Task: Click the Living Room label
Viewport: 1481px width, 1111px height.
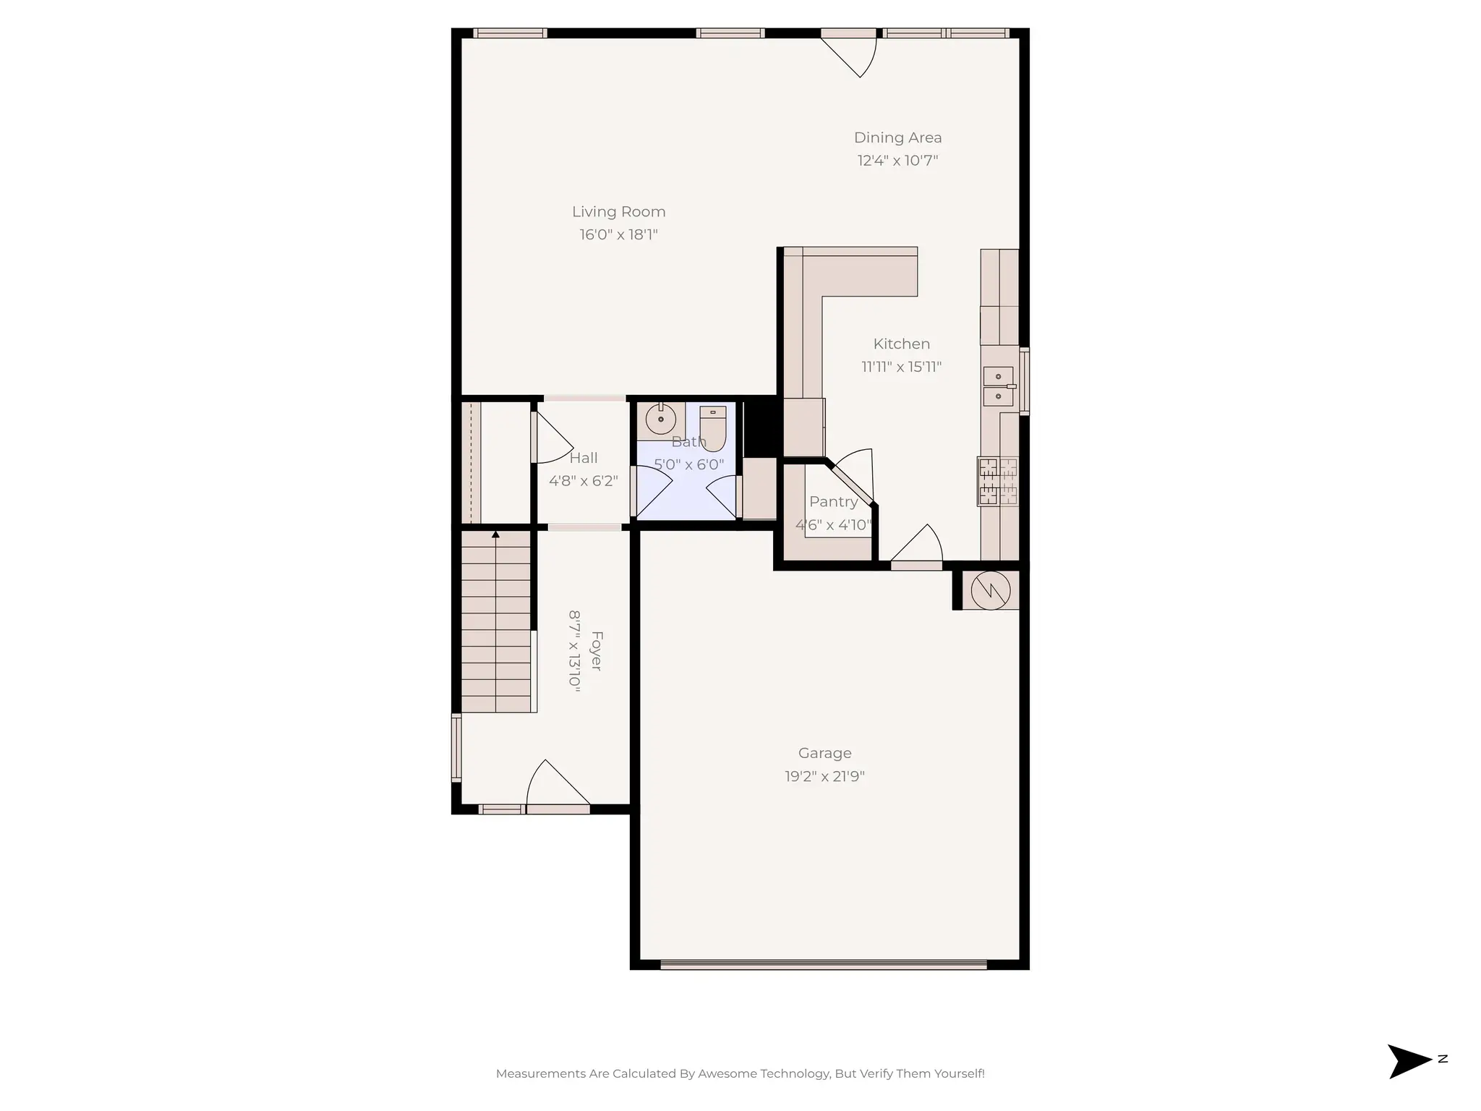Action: tap(618, 212)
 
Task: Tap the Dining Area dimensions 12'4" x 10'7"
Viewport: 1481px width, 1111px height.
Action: tap(897, 161)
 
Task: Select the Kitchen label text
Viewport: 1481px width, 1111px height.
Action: tap(901, 344)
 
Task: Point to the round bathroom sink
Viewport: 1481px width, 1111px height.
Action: tap(660, 419)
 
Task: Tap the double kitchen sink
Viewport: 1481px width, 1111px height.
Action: tap(998, 386)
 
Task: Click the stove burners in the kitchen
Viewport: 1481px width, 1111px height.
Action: tap(997, 482)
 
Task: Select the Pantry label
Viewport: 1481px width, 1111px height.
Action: tap(833, 502)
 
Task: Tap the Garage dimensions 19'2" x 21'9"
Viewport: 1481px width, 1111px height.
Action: tap(824, 777)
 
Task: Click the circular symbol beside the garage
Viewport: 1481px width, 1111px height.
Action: tap(990, 589)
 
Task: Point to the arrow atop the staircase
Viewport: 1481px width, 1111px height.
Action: tap(495, 535)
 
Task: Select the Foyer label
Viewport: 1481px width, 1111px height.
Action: tap(596, 651)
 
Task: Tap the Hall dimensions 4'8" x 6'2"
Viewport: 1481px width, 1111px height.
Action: tap(583, 481)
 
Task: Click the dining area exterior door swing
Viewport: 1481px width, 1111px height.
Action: tap(853, 55)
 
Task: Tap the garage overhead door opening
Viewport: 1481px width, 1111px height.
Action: tap(824, 965)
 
